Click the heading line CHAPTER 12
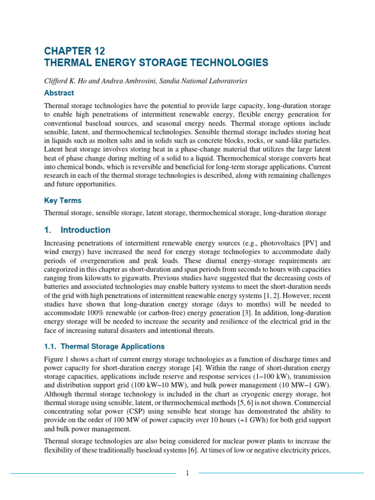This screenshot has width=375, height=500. click(74, 51)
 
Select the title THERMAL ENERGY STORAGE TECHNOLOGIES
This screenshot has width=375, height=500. click(156, 63)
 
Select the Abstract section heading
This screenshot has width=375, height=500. click(59, 93)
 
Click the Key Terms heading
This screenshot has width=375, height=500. click(62, 201)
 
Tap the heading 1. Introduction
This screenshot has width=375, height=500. click(77, 230)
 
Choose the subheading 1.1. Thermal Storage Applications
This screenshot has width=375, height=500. click(104, 347)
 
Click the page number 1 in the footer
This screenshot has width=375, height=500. click(187, 473)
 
